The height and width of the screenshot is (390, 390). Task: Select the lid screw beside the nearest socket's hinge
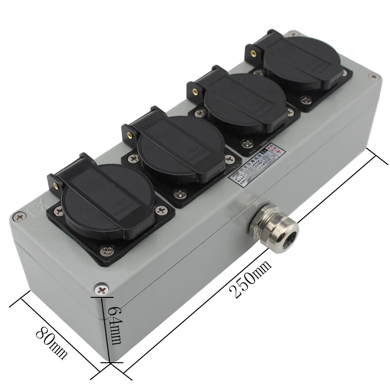19,214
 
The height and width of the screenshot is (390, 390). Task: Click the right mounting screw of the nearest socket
160,211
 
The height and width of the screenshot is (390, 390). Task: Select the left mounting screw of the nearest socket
59,211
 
